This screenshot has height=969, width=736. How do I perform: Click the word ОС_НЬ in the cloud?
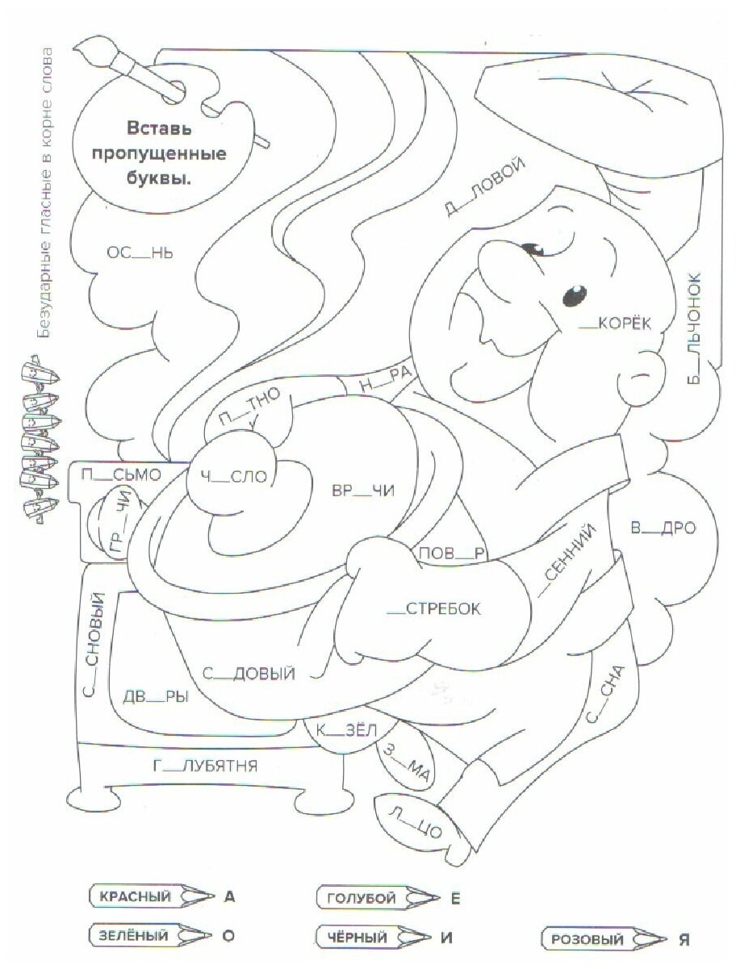click(x=140, y=253)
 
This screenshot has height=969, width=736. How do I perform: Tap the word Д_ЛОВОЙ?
click(x=484, y=188)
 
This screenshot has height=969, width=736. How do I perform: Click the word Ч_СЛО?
click(x=234, y=477)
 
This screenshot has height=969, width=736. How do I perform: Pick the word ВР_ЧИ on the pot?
click(x=363, y=491)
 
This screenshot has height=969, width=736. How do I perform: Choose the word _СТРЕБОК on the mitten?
click(x=433, y=609)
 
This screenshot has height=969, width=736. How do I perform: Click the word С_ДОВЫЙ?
click(x=249, y=674)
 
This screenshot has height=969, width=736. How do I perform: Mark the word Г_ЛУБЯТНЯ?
click(x=205, y=766)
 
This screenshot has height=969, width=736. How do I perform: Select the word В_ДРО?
click(x=663, y=529)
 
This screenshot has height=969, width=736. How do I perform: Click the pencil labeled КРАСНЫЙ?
click(x=152, y=896)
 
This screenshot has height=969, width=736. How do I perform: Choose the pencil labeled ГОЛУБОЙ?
click(x=378, y=897)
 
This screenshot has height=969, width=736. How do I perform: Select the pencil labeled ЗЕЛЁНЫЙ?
click(x=152, y=937)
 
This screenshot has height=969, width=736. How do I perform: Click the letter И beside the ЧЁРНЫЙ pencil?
click(x=446, y=938)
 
